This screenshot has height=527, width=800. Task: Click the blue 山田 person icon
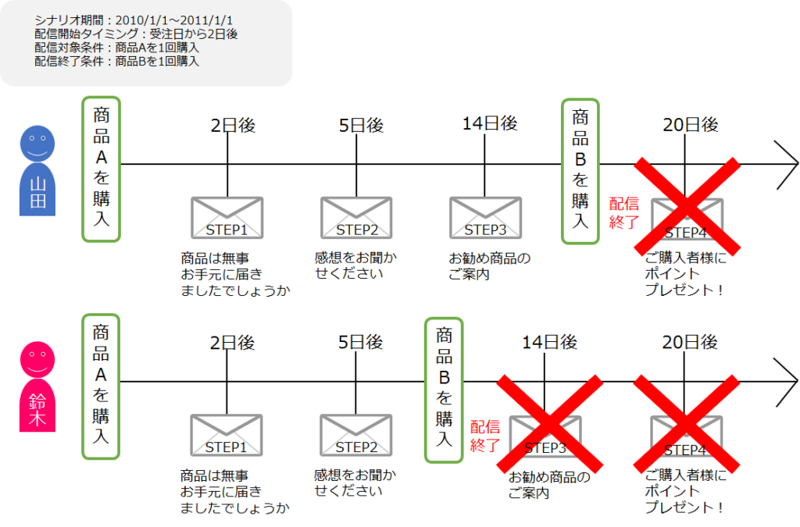(x=37, y=170)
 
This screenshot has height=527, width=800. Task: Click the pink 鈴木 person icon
(x=37, y=386)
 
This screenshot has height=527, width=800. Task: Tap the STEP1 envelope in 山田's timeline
(x=227, y=218)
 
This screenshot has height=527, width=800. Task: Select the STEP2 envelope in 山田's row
(x=356, y=218)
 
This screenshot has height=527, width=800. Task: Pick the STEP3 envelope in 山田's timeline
(x=486, y=218)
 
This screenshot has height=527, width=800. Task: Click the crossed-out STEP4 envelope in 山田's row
(x=687, y=219)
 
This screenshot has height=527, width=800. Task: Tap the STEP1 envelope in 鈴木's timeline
(x=227, y=435)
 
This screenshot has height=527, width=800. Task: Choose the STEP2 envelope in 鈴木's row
(x=356, y=435)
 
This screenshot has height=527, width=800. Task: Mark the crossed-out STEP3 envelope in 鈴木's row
(x=545, y=436)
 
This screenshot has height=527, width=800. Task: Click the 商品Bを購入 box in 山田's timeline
(x=580, y=171)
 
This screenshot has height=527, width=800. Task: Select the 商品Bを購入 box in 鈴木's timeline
(x=444, y=390)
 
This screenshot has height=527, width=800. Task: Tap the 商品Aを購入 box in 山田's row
(x=101, y=169)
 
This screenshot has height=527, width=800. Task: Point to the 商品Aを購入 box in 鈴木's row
(x=101, y=386)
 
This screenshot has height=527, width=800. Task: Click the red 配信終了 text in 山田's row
(x=624, y=212)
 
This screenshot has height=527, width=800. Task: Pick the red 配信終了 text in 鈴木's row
(x=485, y=436)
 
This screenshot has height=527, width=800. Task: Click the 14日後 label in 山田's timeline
(x=490, y=123)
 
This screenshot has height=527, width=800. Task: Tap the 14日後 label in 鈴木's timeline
(x=549, y=342)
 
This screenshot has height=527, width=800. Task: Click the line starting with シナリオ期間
(x=134, y=20)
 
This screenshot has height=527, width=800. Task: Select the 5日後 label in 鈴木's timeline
(x=361, y=342)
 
